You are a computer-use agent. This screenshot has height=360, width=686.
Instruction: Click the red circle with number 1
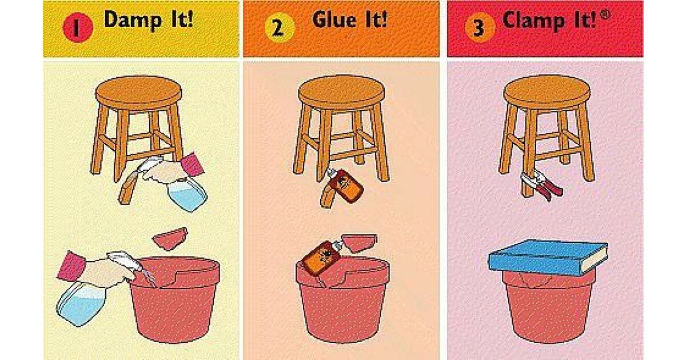pos(78,27)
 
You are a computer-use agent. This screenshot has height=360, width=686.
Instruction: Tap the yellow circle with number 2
pos(280,27)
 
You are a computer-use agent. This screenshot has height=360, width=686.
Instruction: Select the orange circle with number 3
pos(480,27)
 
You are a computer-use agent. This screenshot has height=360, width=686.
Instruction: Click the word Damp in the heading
pos(133,20)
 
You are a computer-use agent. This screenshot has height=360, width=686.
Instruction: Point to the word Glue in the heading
pos(334,19)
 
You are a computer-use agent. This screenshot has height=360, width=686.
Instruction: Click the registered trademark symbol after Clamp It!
pos(605,14)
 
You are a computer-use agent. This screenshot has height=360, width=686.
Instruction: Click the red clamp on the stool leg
pos(541,185)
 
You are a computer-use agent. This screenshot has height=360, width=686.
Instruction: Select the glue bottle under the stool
pos(345,185)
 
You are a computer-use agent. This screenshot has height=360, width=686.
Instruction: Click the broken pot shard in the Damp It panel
pos(170,238)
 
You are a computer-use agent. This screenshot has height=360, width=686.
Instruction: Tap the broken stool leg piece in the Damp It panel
pos(129,189)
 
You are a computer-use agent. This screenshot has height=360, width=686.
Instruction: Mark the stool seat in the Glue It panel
pos(342,92)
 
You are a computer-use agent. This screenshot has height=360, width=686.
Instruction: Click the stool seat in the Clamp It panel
pos(547,92)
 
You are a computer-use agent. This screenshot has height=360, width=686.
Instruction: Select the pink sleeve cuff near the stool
pos(192,165)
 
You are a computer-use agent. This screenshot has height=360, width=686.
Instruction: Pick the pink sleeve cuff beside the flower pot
pos(71,266)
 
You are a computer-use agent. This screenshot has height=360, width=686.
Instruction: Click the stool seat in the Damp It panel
pos(138,92)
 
